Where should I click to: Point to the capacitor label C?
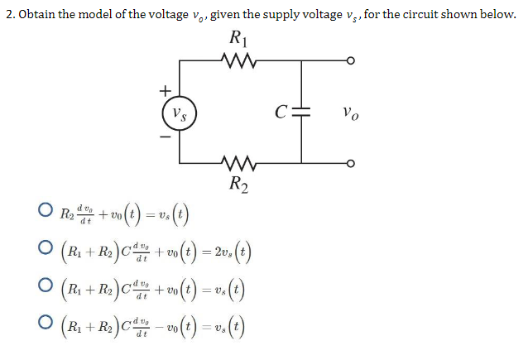pos(283,112)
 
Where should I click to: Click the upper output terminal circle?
pos(352,60)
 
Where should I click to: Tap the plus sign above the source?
pos(165,88)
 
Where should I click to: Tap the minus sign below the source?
pos(165,136)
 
